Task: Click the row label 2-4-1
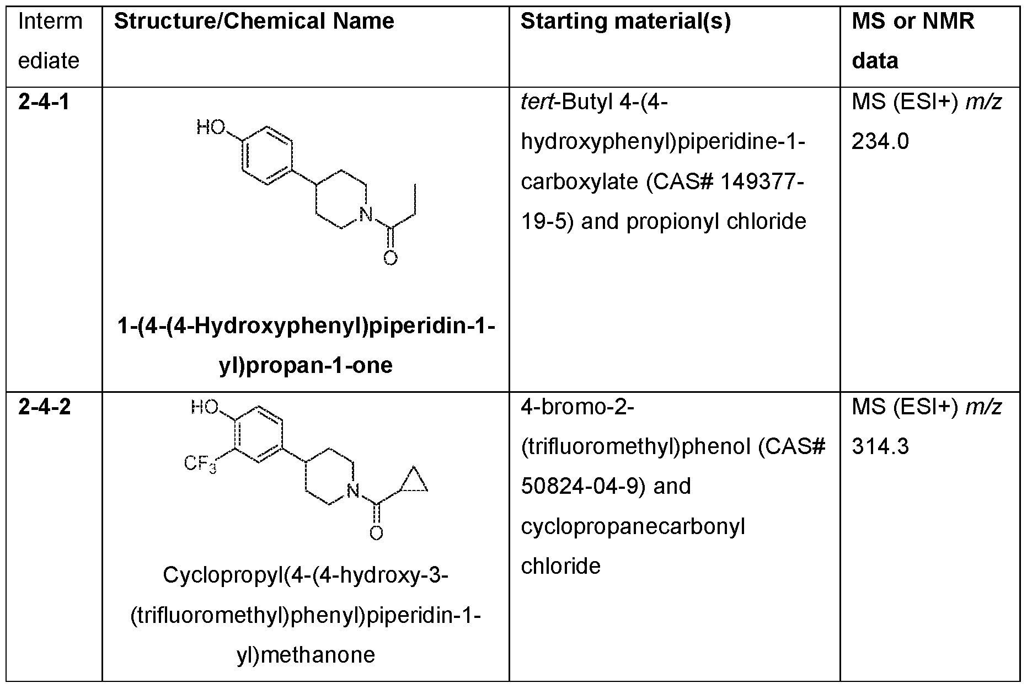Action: pyautogui.click(x=44, y=103)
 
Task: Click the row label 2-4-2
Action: pyautogui.click(x=45, y=407)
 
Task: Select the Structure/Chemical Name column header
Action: pyautogui.click(x=254, y=22)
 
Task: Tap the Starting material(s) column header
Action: pyautogui.click(x=625, y=22)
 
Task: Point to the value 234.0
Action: pyautogui.click(x=880, y=142)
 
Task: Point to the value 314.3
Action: pyautogui.click(x=880, y=446)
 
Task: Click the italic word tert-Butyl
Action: pyautogui.click(x=566, y=103)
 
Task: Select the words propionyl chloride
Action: pyautogui.click(x=716, y=222)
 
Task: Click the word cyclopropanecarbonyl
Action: pyautogui.click(x=633, y=527)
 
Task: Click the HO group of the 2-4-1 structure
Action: pyautogui.click(x=211, y=128)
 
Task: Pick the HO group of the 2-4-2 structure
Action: pyautogui.click(x=205, y=407)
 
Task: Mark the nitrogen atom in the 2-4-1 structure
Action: pyautogui.click(x=365, y=215)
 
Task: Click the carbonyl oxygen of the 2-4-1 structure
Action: pyautogui.click(x=391, y=258)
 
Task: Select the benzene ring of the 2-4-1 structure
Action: pyautogui.click(x=267, y=156)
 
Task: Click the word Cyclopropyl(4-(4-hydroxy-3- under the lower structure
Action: pyautogui.click(x=306, y=576)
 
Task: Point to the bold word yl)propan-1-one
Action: pyautogui.click(x=306, y=366)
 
